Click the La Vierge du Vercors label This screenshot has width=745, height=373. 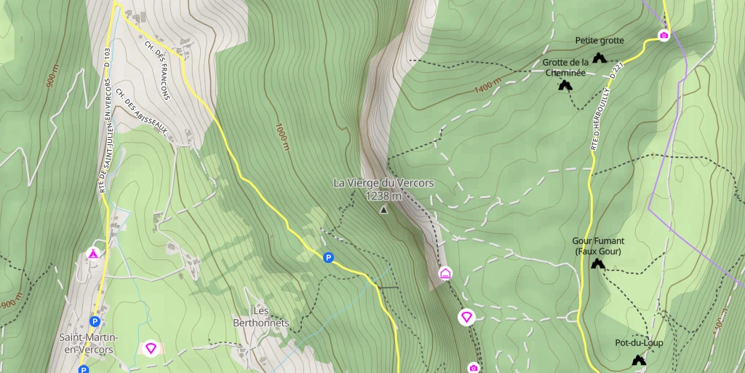coord(383,183)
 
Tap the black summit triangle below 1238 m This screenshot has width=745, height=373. coord(383,210)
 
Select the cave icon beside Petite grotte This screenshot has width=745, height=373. coord(599,58)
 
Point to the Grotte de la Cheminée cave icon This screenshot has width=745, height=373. coord(565,85)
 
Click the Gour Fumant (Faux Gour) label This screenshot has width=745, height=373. coord(599,246)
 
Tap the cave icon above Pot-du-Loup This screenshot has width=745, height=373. coord(639,359)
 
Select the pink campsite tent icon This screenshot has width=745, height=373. coord(93,254)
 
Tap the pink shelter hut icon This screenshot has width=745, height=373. coord(445,273)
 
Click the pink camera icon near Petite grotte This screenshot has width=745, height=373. coord(664,35)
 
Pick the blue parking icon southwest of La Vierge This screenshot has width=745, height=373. coord(329,257)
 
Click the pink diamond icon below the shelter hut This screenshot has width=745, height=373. coord(466,317)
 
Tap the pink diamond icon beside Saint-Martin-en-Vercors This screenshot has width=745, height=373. coord(151,348)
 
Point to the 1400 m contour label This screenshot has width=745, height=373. coord(488,86)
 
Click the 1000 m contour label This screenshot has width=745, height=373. coord(282,136)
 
